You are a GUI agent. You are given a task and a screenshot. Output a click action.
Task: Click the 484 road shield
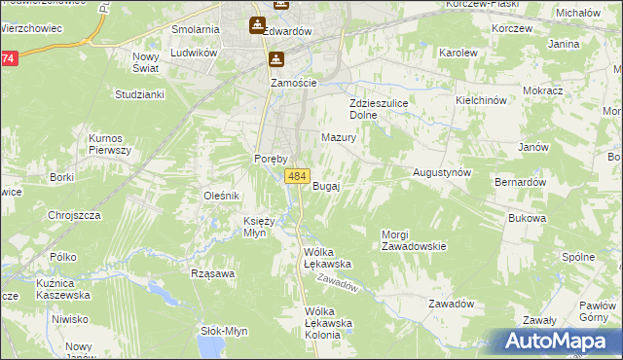pos(298,176)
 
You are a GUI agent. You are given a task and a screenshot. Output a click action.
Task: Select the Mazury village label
pos(339,138)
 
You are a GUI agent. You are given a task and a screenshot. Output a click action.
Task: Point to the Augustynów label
pos(442,171)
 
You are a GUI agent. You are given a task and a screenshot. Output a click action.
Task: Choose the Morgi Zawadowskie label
pos(414,240)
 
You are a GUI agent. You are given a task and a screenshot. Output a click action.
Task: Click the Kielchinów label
pos(482,100)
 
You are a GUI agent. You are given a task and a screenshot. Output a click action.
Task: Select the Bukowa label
pos(527,219)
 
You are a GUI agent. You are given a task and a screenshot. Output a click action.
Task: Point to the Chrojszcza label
pos(75,216)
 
